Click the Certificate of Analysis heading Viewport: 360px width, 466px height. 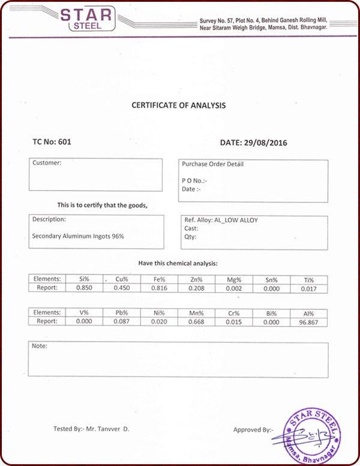(179, 105)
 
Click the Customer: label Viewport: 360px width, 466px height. (47, 163)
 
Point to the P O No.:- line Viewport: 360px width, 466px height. (194, 181)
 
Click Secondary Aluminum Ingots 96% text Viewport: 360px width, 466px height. (78, 236)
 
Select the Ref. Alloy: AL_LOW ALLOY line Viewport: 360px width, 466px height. (221, 220)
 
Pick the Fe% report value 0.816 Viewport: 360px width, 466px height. (159, 288)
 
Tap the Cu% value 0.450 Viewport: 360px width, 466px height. (122, 288)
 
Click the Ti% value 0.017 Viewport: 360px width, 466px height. (309, 289)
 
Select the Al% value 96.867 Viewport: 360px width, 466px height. (308, 322)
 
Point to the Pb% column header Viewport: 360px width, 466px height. (122, 313)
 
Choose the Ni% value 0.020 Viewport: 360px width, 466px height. (159, 322)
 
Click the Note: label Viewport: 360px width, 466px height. (39, 346)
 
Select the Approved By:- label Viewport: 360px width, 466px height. (253, 429)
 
